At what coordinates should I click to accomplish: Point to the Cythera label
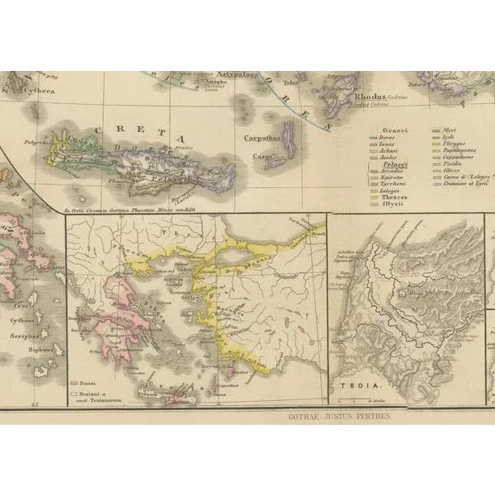(x=38, y=92)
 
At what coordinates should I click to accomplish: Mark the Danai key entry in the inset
(x=88, y=384)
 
